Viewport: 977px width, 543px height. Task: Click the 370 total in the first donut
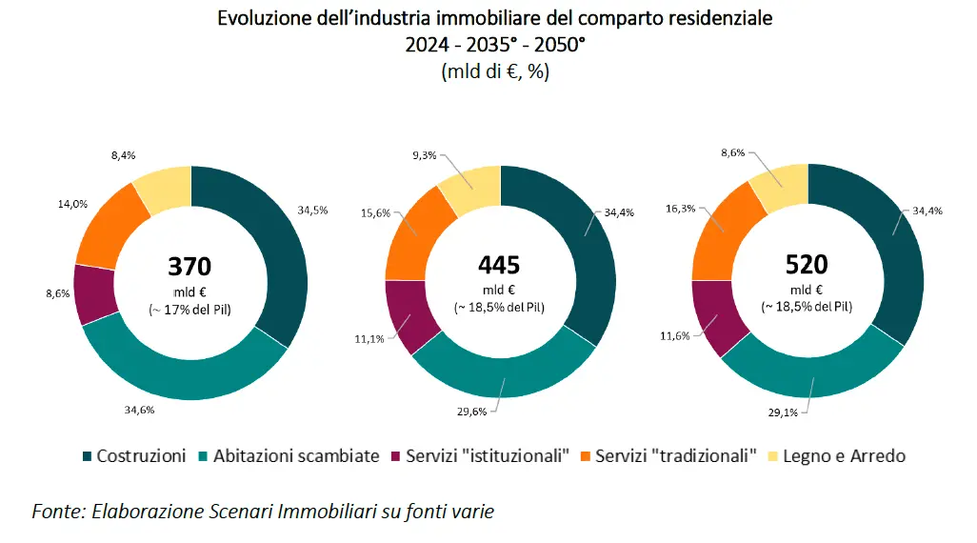tap(189, 266)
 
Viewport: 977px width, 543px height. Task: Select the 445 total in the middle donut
tap(498, 266)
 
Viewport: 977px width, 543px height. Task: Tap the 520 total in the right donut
tap(807, 266)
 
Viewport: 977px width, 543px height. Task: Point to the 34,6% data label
tap(139, 411)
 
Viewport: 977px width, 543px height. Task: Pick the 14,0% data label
tap(47, 202)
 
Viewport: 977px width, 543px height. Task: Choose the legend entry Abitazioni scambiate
tap(296, 456)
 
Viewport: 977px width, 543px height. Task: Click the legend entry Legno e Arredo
tap(844, 456)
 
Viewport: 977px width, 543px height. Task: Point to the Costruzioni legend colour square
tap(89, 456)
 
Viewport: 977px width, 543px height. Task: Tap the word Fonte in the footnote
tap(55, 512)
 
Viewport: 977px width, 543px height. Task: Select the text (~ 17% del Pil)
tap(189, 309)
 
